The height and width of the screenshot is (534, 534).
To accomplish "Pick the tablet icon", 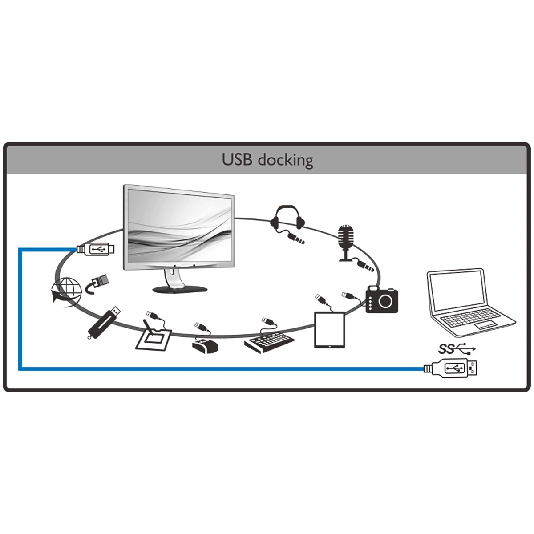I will click(x=330, y=330).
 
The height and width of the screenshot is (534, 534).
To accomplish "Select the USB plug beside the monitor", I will click(x=97, y=250).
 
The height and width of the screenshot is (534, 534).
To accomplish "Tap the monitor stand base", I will click(x=180, y=289).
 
